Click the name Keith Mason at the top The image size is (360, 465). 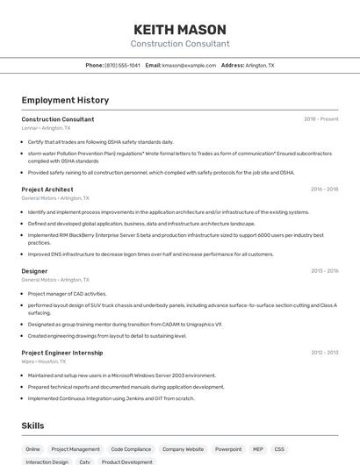pyautogui.click(x=180, y=29)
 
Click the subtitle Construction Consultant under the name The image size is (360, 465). pyautogui.click(x=180, y=44)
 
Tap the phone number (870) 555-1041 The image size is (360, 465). pyautogui.click(x=122, y=66)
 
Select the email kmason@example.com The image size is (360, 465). pyautogui.click(x=189, y=66)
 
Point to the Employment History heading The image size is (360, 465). pyautogui.click(x=65, y=100)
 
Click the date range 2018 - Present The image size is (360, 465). pyautogui.click(x=320, y=119)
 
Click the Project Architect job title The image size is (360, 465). pyautogui.click(x=47, y=190)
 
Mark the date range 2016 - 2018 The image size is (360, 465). pyautogui.click(x=324, y=190)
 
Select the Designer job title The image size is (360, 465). pyautogui.click(x=34, y=271)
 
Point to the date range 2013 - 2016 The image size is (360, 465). pyautogui.click(x=324, y=271)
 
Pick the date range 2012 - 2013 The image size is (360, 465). pyautogui.click(x=324, y=353)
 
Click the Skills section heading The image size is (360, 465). pyautogui.click(x=32, y=426)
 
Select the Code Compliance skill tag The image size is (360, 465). pyautogui.click(x=131, y=449)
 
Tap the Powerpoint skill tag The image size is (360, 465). pyautogui.click(x=228, y=449)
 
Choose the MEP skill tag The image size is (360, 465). pyautogui.click(x=258, y=449)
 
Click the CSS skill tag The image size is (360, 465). pyautogui.click(x=279, y=449)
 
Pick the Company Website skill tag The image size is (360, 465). pyautogui.click(x=183, y=449)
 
